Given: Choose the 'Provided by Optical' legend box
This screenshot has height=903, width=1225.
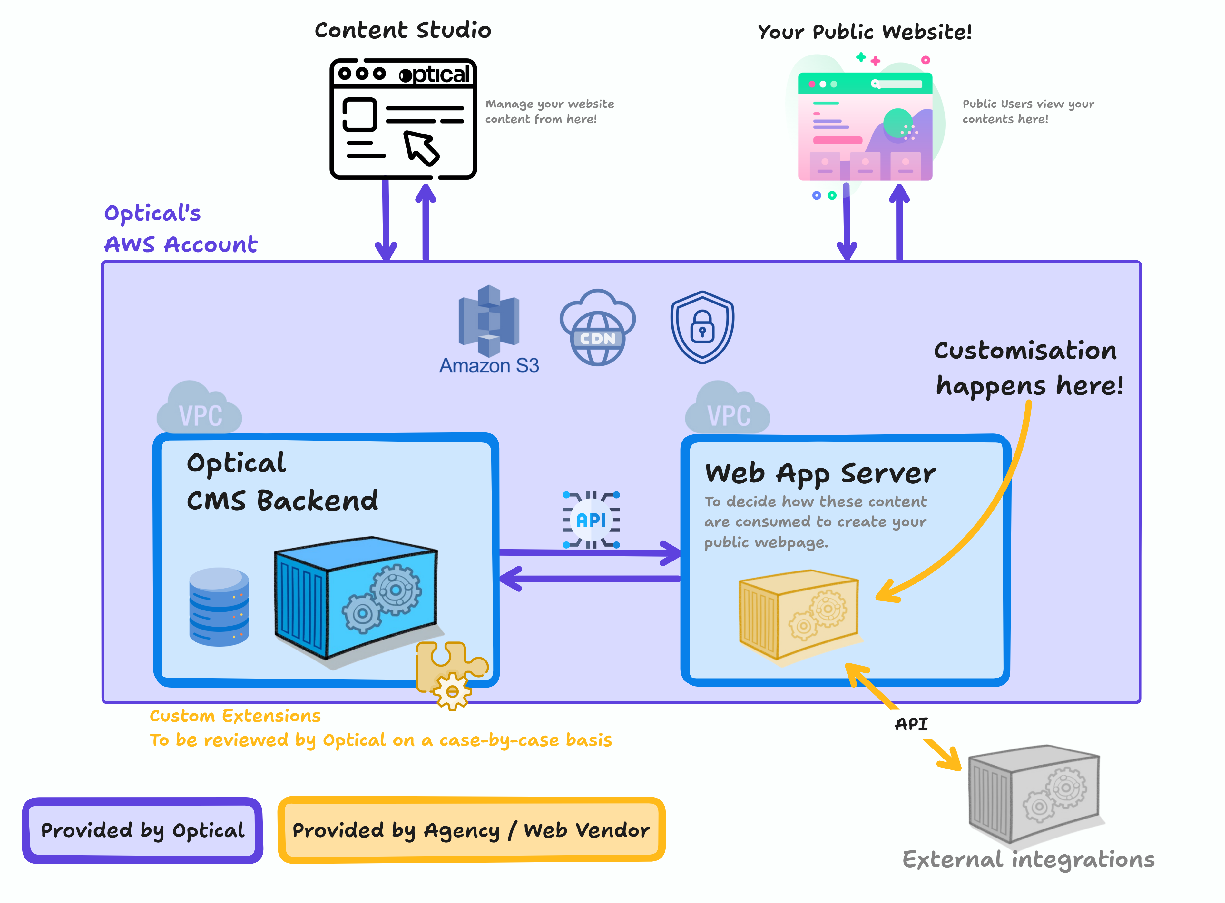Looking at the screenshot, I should coord(142,830).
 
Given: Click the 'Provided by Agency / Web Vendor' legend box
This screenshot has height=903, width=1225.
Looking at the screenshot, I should coord(471,830).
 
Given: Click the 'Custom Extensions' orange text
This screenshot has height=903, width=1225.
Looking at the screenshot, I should coord(235,716).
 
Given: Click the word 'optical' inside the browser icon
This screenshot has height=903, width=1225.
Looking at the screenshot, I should coord(434,74).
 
